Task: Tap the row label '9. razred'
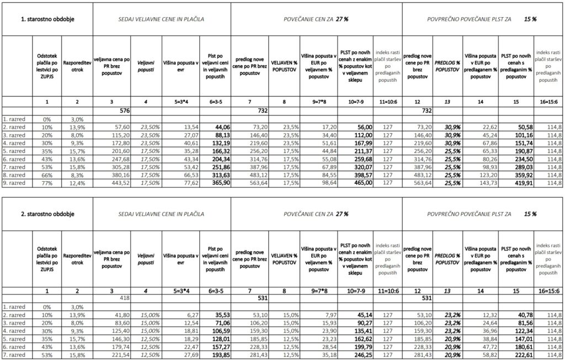pos(15,182)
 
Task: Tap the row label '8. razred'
pos(15,173)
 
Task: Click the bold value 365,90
pos(216,182)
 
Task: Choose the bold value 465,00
pos(354,182)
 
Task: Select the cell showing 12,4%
pos(76,182)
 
